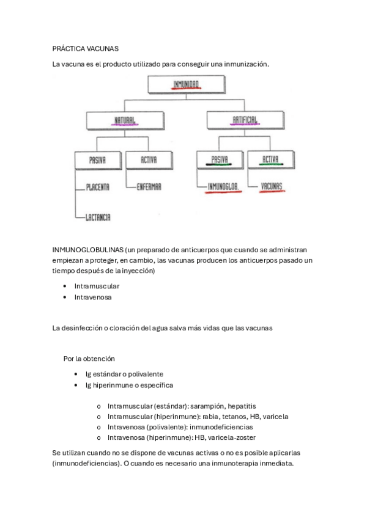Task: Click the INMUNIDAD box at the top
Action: coord(183,84)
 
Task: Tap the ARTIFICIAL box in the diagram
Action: coord(245,120)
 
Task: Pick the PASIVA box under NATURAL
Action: coord(98,160)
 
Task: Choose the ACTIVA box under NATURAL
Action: coord(149,160)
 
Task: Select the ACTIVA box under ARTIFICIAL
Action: coord(270,160)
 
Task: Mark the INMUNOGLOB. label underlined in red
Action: coord(222,187)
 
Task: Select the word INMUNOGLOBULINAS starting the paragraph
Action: coord(87,251)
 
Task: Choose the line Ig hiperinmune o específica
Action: coord(125,385)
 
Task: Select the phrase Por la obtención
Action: coord(89,359)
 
